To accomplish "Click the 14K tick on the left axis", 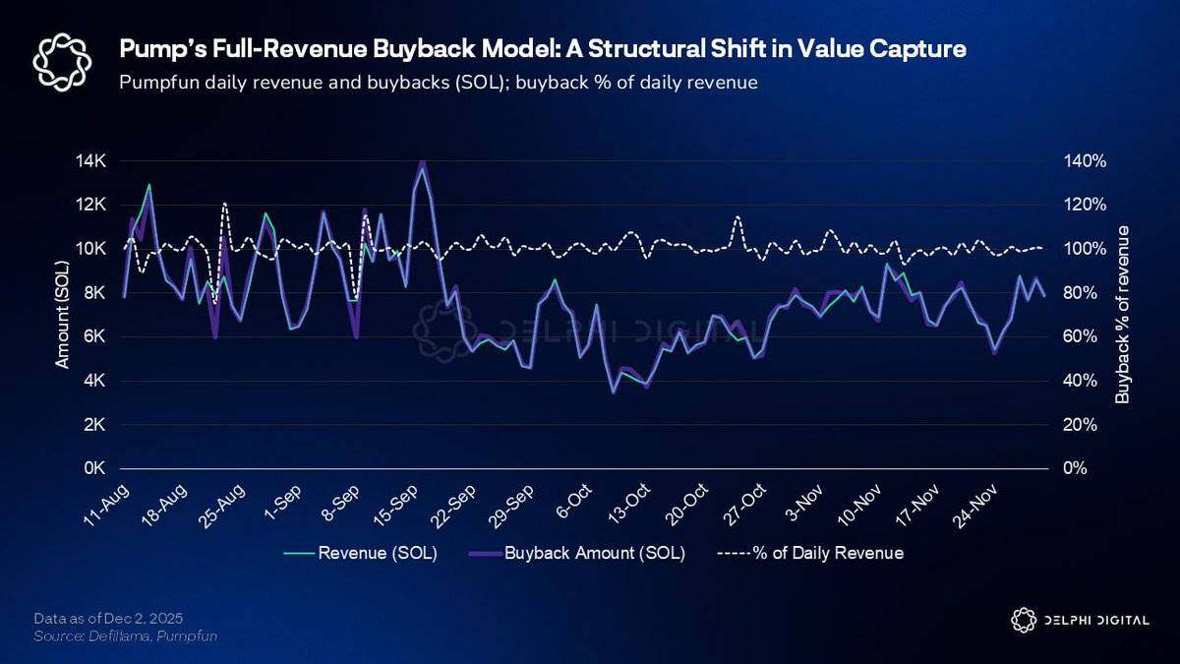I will click(x=93, y=160).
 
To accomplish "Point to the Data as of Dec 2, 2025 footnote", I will click(x=108, y=618).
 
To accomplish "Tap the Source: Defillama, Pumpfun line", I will click(x=125, y=636).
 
